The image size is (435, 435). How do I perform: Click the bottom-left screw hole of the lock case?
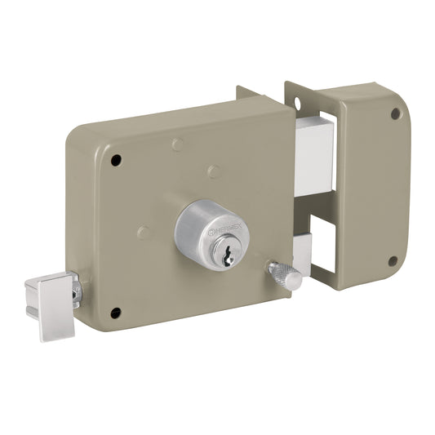[x=115, y=312]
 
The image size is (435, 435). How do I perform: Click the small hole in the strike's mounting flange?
[x=297, y=104]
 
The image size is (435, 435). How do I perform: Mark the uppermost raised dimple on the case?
[x=176, y=145]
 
